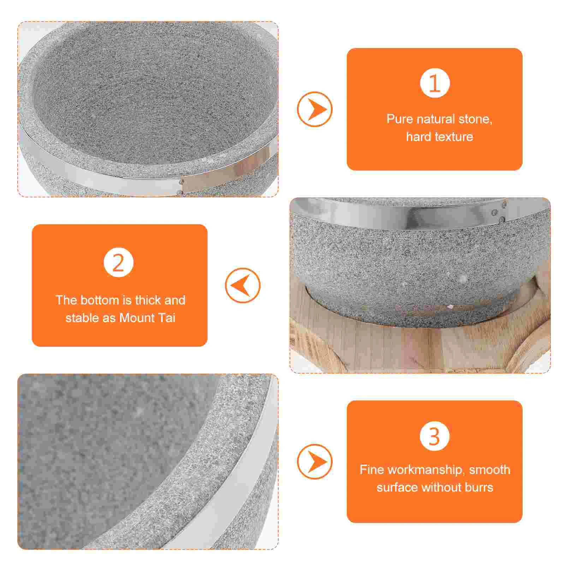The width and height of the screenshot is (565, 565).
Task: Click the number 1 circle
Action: [435, 83]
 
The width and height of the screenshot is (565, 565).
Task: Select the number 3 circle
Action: [435, 436]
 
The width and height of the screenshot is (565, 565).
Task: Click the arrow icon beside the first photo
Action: [315, 109]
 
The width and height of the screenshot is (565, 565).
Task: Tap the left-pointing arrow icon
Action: [243, 285]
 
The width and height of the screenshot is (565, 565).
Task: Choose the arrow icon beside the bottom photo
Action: [315, 462]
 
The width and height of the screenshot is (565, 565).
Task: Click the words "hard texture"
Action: [439, 137]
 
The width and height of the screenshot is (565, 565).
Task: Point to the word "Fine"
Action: [371, 470]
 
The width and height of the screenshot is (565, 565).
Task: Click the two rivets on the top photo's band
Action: [181, 187]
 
